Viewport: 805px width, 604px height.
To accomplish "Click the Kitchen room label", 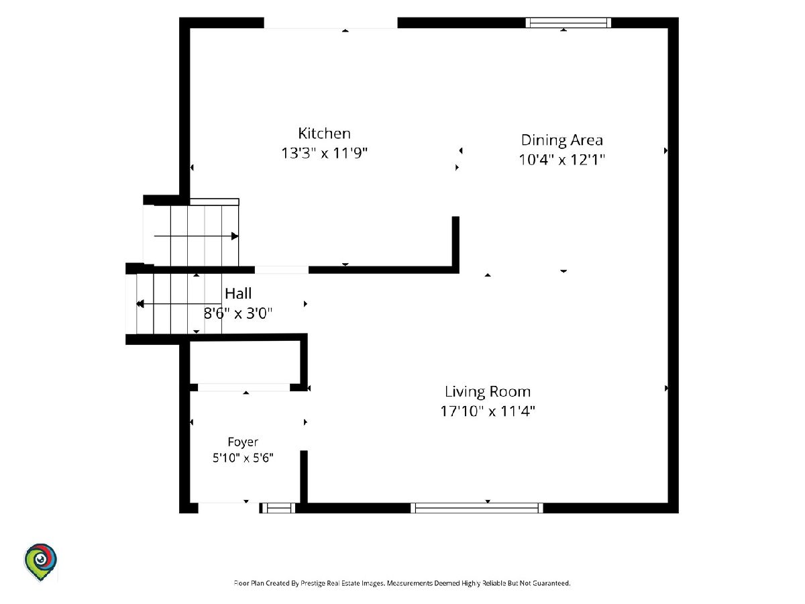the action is [324, 133].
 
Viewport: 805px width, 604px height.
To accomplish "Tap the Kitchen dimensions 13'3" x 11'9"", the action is [324, 153].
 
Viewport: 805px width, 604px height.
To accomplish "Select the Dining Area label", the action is [562, 140].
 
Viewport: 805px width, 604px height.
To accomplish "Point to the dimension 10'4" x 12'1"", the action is [562, 160].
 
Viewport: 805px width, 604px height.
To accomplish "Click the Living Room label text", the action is [488, 392].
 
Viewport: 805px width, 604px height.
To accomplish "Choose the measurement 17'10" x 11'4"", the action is [488, 411].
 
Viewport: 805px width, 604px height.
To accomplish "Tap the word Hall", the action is [238, 293].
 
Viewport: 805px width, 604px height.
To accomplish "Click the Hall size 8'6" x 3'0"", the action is [238, 313].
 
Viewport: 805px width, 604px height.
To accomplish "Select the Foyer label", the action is [243, 442].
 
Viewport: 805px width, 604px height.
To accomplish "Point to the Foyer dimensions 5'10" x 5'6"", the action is [243, 458].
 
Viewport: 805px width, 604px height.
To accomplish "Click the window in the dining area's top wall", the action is [568, 23].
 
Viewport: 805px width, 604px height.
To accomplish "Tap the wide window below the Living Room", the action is [477, 508].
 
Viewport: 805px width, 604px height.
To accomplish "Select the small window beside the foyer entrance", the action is [278, 508].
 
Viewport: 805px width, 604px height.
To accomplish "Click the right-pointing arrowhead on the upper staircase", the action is [235, 236].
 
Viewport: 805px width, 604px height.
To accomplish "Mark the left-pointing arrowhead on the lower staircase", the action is [140, 304].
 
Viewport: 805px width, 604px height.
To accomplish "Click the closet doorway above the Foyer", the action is [244, 387].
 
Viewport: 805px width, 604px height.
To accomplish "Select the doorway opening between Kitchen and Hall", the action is [282, 270].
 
